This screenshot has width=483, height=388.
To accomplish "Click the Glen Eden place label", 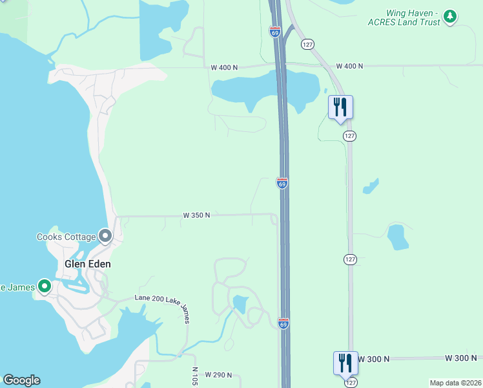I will pyautogui.click(x=87, y=264).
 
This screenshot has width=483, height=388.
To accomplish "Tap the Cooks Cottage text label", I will pyautogui.click(x=67, y=237).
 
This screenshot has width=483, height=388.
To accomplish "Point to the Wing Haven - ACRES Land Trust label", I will pyautogui.click(x=413, y=17).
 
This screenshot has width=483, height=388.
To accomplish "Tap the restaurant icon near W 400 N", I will pyautogui.click(x=340, y=107).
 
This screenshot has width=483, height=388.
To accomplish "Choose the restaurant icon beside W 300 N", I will pyautogui.click(x=345, y=363).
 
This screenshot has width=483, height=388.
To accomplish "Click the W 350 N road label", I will pyautogui.click(x=197, y=215).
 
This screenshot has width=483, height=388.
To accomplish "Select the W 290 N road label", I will pyautogui.click(x=218, y=375).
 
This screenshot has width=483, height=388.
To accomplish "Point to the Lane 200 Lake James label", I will pyautogui.click(x=162, y=297).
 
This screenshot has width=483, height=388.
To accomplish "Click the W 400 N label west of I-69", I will pyautogui.click(x=224, y=67).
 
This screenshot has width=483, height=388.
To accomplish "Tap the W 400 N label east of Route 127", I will pyautogui.click(x=349, y=67).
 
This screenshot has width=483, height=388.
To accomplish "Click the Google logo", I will pyautogui.click(x=21, y=380).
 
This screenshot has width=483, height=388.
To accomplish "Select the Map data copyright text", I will pyautogui.click(x=455, y=383).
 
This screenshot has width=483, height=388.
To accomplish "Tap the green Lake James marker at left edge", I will pyautogui.click(x=44, y=286).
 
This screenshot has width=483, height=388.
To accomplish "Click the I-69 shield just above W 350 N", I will pyautogui.click(x=282, y=184).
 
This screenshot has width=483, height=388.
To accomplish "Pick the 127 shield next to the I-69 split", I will pyautogui.click(x=307, y=43).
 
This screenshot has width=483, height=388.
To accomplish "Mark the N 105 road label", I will pyautogui.click(x=195, y=376).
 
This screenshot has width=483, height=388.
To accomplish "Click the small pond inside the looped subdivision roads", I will pyautogui.click(x=240, y=303).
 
